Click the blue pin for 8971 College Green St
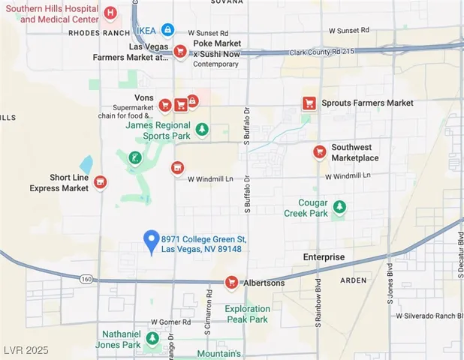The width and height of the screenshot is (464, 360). (x=151, y=241)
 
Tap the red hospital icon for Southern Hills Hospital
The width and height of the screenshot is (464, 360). (x=110, y=13)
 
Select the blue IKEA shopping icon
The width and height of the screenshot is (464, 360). (x=168, y=31)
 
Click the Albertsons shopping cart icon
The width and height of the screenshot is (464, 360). (x=232, y=283)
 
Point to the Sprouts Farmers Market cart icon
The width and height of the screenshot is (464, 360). (x=308, y=103)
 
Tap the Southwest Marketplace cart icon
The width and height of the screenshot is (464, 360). (x=319, y=152)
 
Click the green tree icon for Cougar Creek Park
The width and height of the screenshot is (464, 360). (x=339, y=207)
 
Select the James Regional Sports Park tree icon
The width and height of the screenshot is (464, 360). (x=201, y=130)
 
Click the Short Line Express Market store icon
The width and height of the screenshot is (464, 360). (x=100, y=182)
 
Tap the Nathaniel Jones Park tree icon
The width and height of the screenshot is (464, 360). (x=152, y=339)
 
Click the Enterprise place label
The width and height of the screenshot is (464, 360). (x=324, y=257)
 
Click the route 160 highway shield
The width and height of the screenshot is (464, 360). (x=86, y=279)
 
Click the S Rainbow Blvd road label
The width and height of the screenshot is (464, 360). (x=318, y=304)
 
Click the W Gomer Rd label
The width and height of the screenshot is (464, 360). (x=167, y=322)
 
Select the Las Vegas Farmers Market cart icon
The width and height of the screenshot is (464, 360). (x=179, y=51)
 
